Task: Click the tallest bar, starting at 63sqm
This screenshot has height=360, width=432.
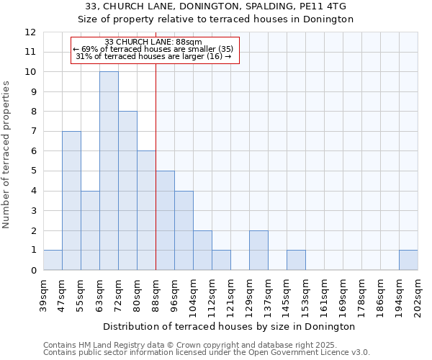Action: point(109,171)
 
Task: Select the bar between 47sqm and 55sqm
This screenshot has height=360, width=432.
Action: point(71,201)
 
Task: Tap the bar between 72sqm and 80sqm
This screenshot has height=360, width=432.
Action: point(127,191)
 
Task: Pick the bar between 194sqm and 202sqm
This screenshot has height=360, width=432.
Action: point(408,260)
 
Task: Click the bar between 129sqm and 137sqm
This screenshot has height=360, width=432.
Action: point(258,250)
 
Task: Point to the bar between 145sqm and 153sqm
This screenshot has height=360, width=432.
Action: point(296,260)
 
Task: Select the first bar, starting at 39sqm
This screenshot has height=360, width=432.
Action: point(53,260)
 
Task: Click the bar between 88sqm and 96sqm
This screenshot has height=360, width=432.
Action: point(165,220)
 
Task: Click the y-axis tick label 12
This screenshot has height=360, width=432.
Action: point(30,32)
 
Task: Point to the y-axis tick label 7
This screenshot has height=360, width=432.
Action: point(33,132)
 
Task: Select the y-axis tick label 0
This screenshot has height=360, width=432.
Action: point(33,271)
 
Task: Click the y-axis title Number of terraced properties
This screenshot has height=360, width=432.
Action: point(7,154)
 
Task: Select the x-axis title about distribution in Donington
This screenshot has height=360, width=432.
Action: point(230,326)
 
